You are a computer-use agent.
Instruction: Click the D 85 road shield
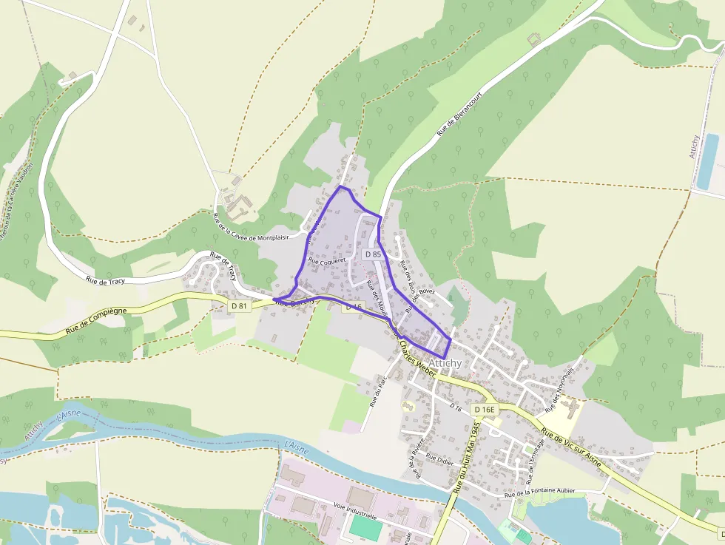(373, 254)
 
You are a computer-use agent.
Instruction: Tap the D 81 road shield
(238, 305)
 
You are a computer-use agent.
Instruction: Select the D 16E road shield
(485, 410)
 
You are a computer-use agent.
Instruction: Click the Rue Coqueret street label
(327, 261)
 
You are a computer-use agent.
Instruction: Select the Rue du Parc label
(379, 393)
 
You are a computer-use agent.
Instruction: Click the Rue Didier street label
(439, 459)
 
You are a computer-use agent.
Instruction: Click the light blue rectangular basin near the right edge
(708, 161)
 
